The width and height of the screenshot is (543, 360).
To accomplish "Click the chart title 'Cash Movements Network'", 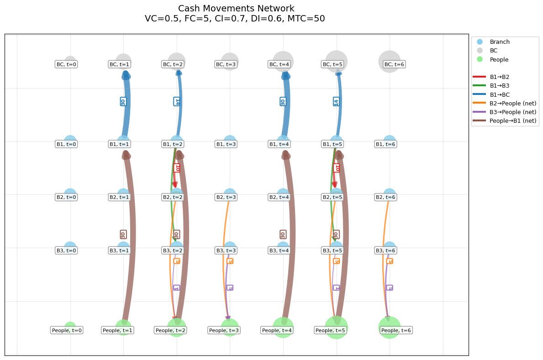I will pyautogui.click(x=236, y=9).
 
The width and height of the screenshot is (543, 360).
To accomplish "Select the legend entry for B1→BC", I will pyautogui.click(x=500, y=94).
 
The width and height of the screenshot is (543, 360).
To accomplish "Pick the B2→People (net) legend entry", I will pyautogui.click(x=512, y=103).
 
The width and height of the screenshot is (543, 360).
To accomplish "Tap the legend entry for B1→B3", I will pyautogui.click(x=500, y=86).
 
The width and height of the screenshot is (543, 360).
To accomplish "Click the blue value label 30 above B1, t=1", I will pyautogui.click(x=123, y=101).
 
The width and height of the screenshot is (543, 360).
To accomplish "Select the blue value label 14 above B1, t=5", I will pyautogui.click(x=336, y=101).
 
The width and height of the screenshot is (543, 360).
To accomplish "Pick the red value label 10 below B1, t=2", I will pyautogui.click(x=177, y=168).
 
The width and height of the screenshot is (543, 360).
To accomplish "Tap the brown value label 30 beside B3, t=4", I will pyautogui.click(x=283, y=235).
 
